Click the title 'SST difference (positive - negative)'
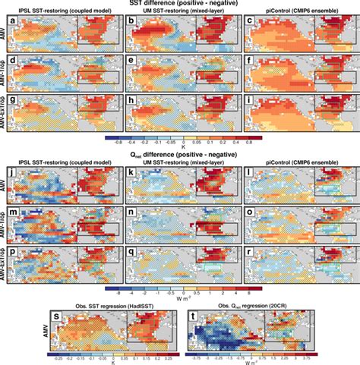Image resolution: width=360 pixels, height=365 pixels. coord(180,4)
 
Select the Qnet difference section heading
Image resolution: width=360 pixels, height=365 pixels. coord(180,157)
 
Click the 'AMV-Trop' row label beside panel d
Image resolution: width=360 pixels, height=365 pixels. coord(7,71)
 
